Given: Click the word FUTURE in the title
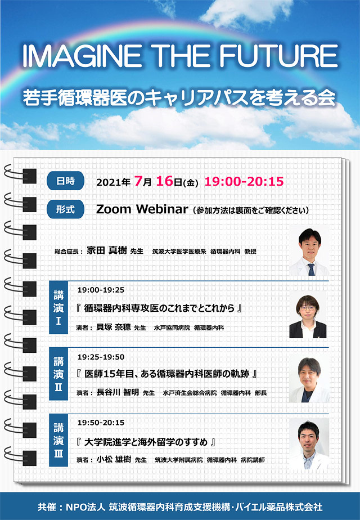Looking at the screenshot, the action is coord(278,56).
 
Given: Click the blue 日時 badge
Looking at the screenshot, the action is coord(66,181).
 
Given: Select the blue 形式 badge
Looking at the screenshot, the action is coord(66,209).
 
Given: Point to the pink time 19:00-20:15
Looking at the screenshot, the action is coord(244,181).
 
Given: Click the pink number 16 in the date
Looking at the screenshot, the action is coord(164,181).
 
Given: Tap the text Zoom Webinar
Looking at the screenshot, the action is coord(142,209).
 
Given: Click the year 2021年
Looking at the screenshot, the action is coord(113,182).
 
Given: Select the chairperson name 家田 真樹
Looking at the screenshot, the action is coord(107,250).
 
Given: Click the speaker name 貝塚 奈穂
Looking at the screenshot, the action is coord(114,328).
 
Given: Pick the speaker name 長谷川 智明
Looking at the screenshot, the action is coord(118,392).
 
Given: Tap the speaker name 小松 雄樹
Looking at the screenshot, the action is coord(114,459).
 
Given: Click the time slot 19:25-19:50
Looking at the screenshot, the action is coord(101,357).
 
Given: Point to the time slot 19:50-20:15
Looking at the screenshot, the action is coord(101,423).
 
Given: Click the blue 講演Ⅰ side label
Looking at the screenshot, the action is coord(58,307).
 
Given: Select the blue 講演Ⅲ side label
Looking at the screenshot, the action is coord(58,440).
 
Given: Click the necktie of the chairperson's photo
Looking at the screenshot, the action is coord(311,269).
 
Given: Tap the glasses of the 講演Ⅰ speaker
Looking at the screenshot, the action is coord(308,308).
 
